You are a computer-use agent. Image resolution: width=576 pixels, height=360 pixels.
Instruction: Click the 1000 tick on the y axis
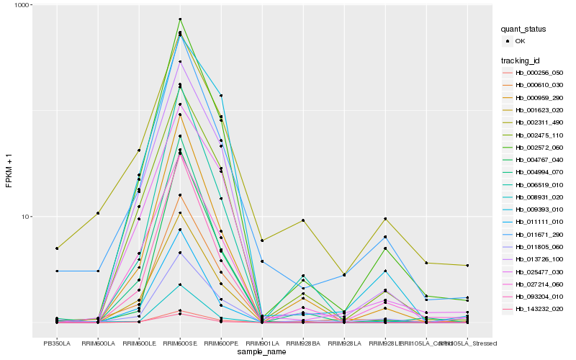coord(21,5)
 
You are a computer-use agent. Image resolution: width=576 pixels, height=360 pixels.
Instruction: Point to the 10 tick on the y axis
coord(23,217)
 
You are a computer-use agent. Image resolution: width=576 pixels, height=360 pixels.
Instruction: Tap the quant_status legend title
coord(526,30)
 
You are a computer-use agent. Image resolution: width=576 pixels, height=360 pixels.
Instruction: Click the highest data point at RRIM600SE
coord(180,19)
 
